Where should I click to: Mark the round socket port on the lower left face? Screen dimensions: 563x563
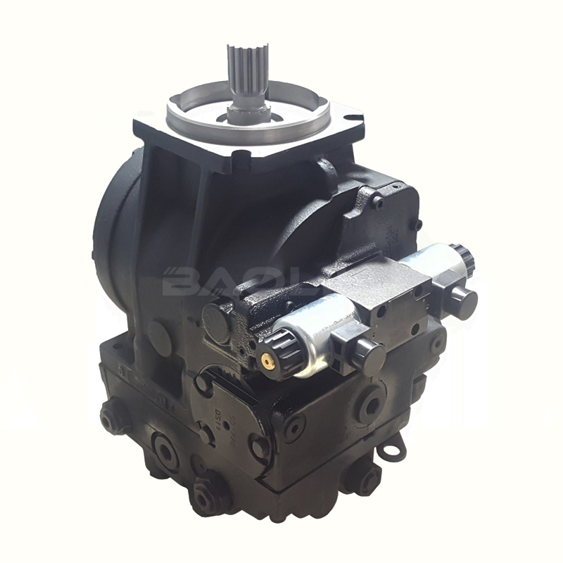pyautogui.click(x=165, y=451)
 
